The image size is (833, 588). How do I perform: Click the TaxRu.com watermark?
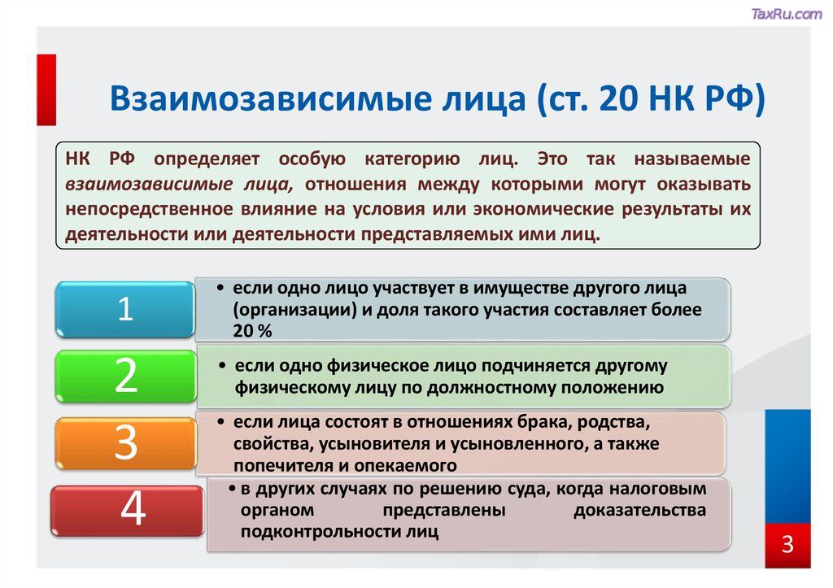(787, 14)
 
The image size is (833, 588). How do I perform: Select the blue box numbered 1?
(124, 309)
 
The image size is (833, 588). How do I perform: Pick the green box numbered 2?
(126, 376)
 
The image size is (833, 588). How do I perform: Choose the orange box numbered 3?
(126, 443)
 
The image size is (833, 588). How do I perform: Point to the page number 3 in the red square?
(787, 544)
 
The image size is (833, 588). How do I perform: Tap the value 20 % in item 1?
(252, 331)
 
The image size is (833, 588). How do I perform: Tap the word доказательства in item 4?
(639, 511)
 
